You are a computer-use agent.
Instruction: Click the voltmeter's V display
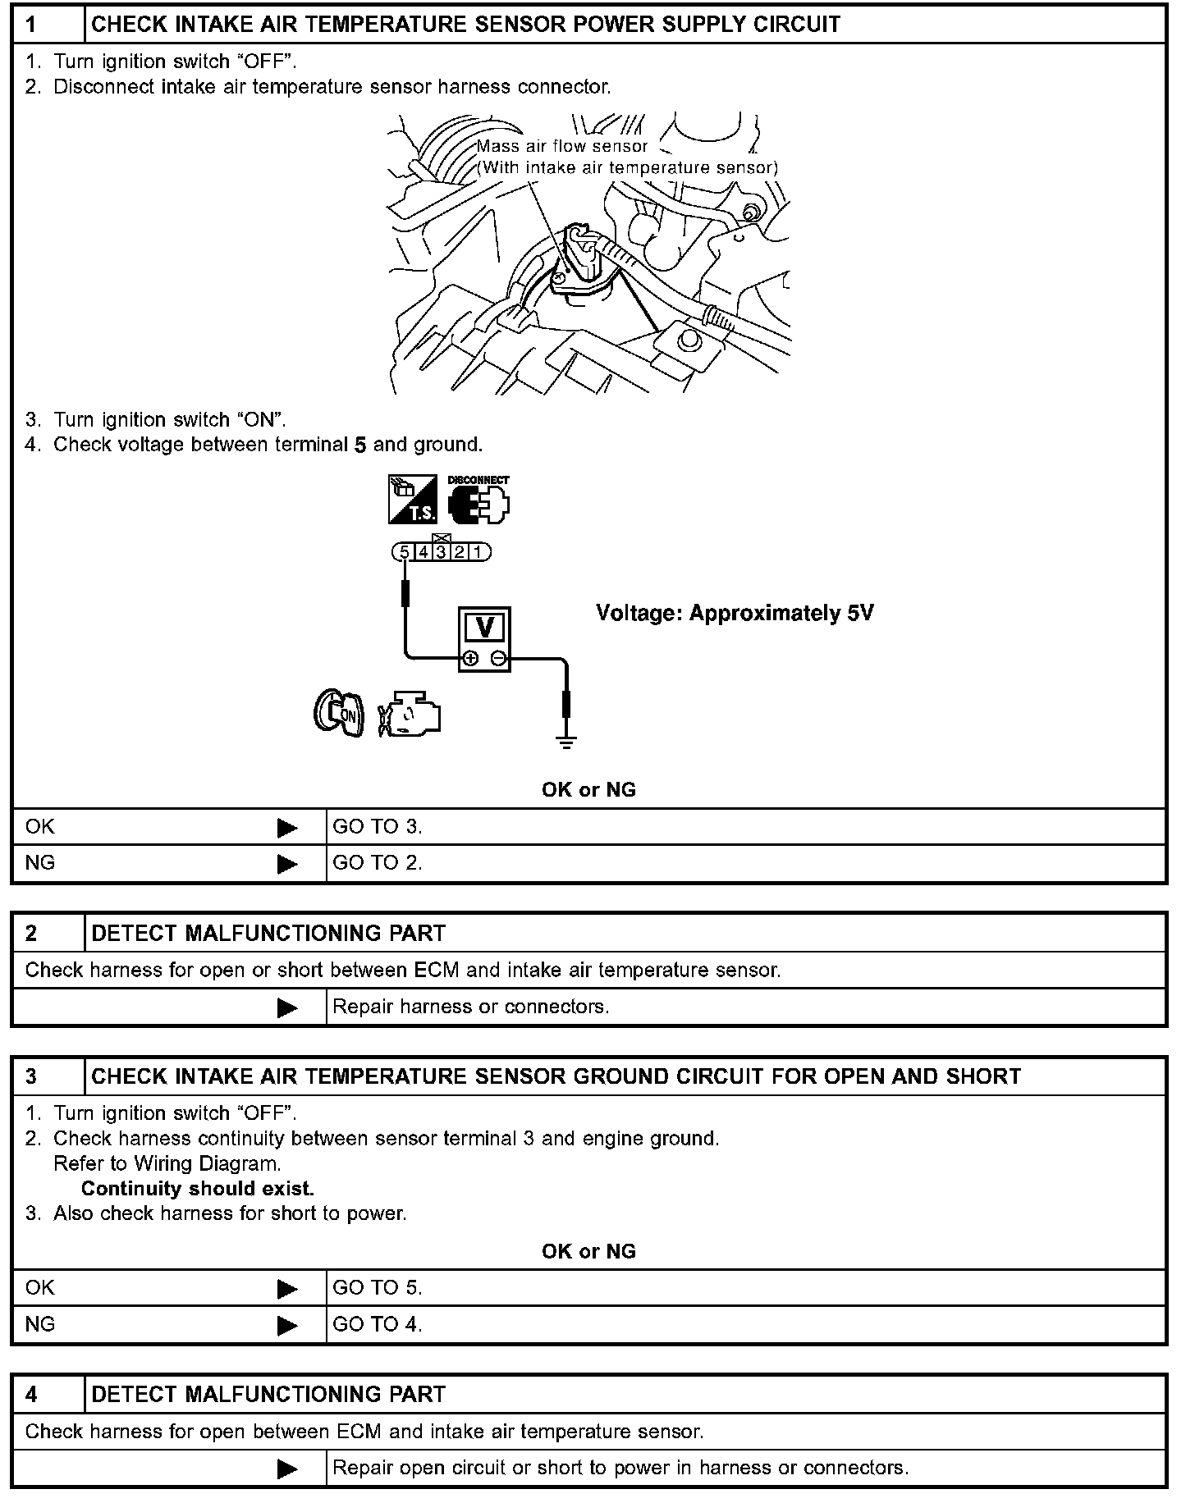click(x=484, y=628)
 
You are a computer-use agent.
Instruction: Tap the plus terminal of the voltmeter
click(x=470, y=658)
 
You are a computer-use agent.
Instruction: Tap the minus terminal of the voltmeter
click(x=498, y=658)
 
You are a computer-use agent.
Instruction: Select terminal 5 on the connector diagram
click(x=404, y=552)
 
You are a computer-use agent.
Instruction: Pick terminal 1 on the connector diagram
click(x=478, y=552)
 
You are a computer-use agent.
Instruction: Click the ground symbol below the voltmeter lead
click(x=565, y=742)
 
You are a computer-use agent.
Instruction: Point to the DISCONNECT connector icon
click(x=478, y=500)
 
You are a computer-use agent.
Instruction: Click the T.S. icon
click(x=413, y=500)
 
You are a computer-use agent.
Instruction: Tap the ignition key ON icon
click(x=339, y=713)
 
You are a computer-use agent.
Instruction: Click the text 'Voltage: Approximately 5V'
click(x=735, y=613)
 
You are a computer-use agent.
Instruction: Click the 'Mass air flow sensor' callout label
click(x=563, y=147)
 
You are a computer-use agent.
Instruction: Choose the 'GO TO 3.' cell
click(x=378, y=827)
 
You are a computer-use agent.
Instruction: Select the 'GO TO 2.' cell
click(x=378, y=863)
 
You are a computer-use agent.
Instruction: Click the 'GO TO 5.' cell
click(x=378, y=1288)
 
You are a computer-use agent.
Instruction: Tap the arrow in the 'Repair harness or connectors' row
click(x=287, y=1007)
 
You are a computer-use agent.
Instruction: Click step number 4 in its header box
click(x=32, y=1395)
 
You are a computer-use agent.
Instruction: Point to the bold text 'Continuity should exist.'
click(x=198, y=1189)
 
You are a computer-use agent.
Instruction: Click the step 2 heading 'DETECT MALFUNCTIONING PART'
click(x=268, y=934)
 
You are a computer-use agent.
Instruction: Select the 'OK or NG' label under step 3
click(x=588, y=1251)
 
